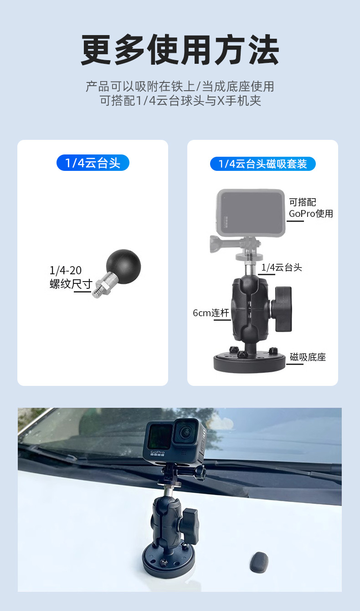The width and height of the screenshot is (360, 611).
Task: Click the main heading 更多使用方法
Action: pyautogui.click(x=180, y=50)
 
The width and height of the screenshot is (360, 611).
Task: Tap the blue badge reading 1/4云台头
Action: pyautogui.click(x=93, y=163)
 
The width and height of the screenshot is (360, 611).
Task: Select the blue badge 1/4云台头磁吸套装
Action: pyautogui.click(x=262, y=164)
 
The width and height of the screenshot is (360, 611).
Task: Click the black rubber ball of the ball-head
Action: pyautogui.click(x=123, y=263)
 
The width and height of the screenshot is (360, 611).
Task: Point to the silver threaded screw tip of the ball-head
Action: pyautogui.click(x=97, y=293)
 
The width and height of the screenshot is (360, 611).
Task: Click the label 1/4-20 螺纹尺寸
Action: pyautogui.click(x=71, y=277)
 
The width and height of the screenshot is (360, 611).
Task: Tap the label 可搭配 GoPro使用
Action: pyautogui.click(x=311, y=208)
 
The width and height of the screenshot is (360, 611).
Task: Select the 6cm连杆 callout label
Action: pyautogui.click(x=211, y=313)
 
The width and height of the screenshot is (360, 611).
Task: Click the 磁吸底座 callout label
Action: pyautogui.click(x=308, y=357)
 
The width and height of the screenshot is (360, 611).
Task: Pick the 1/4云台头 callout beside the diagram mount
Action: pyautogui.click(x=282, y=267)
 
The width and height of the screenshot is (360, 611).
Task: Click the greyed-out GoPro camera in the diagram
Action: pyautogui.click(x=250, y=213)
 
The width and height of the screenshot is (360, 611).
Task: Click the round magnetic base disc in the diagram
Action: pyautogui.click(x=249, y=361)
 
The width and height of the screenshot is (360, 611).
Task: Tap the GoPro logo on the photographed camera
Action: pyautogui.click(x=158, y=453)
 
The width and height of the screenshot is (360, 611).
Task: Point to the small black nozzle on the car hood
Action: pyautogui.click(x=259, y=560)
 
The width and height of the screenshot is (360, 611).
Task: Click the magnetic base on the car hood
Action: pyautogui.click(x=169, y=558)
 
